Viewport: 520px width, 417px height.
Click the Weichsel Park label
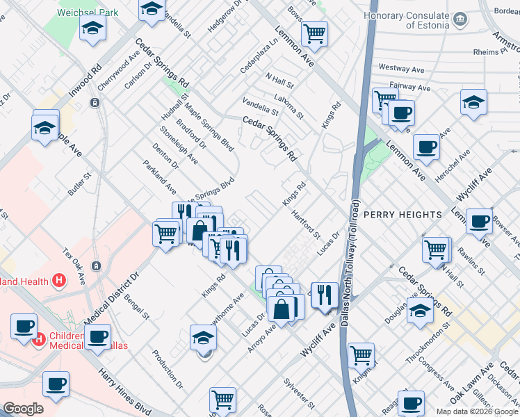(88, 13)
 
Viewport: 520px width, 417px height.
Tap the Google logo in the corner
(23, 409)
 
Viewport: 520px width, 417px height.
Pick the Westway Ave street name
(400, 69)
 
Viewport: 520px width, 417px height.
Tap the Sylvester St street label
(300, 393)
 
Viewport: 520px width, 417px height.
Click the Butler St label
(79, 183)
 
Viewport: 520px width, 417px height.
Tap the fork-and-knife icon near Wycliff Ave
(324, 294)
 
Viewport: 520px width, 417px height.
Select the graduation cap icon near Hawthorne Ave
(203, 338)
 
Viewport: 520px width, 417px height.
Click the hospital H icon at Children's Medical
(40, 340)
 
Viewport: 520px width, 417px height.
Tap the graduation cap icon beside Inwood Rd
(92, 29)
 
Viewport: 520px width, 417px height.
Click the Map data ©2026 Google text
(477, 411)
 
